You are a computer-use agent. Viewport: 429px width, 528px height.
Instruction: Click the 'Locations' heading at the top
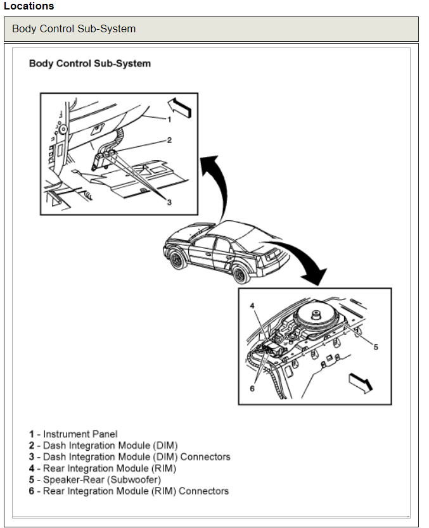point(29,6)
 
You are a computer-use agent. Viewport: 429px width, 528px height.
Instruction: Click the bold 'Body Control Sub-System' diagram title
point(90,64)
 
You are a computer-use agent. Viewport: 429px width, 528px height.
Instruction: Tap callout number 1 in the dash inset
point(169,119)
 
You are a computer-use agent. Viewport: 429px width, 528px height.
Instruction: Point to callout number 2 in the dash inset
point(169,141)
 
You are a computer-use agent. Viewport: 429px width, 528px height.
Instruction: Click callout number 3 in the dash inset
point(169,201)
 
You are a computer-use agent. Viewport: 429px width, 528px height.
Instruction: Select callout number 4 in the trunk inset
point(252,306)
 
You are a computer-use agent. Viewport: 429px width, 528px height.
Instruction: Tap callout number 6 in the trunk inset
point(252,388)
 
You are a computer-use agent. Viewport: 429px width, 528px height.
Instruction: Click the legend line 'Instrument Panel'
point(74,434)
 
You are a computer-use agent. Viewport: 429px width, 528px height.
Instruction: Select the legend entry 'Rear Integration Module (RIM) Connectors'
point(129,491)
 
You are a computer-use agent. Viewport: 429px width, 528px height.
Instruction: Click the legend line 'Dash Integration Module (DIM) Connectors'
point(129,457)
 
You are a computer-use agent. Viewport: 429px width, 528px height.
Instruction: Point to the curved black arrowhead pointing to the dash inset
point(207,164)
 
